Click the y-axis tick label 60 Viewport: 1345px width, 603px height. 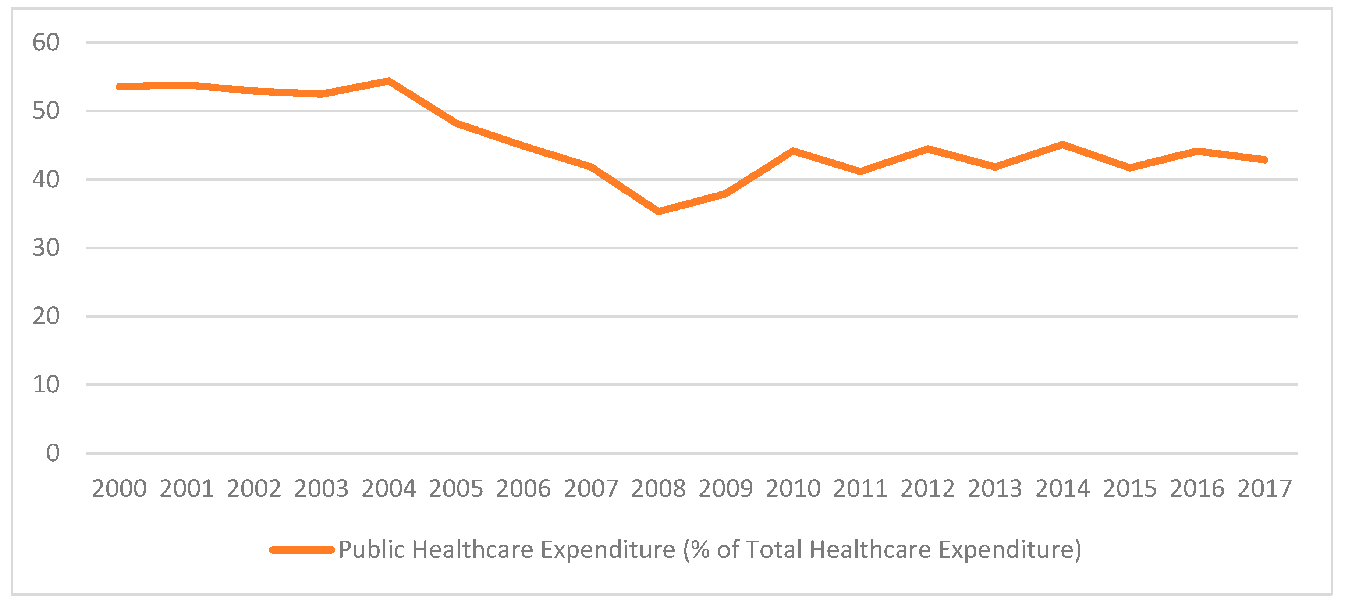46,43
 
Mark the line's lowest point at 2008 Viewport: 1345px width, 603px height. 659,211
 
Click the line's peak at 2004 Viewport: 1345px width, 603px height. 389,81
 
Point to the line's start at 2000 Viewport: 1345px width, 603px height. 120,87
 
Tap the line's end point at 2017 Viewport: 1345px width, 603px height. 1264,159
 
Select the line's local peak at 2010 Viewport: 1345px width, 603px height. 793,151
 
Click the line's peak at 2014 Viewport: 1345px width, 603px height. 1062,144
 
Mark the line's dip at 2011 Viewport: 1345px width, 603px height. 860,171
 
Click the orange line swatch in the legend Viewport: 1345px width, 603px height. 302,550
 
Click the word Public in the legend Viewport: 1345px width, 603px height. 371,550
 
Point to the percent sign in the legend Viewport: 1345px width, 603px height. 701,550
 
